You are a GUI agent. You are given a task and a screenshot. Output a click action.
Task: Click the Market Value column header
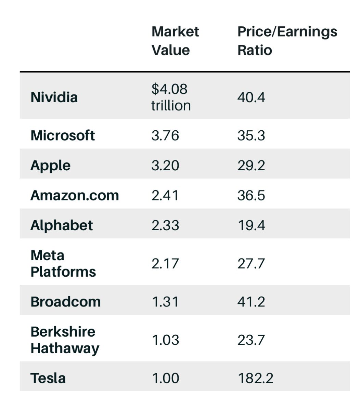pos(175,41)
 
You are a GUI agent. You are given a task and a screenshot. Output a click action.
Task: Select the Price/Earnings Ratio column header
pos(287,41)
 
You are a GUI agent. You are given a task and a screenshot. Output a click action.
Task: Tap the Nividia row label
pos(54,97)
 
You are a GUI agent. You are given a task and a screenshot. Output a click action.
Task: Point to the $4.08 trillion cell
pos(171,97)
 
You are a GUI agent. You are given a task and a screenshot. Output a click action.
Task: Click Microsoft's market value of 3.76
pos(165,136)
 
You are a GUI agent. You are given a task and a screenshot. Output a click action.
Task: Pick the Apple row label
pos(50,166)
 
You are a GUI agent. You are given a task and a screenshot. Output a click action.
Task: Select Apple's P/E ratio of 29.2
pos(251,166)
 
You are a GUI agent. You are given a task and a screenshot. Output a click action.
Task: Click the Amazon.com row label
pos(75,196)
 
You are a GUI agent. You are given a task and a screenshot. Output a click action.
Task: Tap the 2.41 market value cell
pos(165,196)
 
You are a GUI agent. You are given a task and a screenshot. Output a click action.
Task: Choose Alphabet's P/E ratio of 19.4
pos(251,226)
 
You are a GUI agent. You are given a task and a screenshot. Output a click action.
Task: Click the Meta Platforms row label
pos(63,264)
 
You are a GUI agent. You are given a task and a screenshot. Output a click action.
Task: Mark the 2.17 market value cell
pos(165,264)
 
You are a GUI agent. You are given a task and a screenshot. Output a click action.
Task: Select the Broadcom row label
pos(65,302)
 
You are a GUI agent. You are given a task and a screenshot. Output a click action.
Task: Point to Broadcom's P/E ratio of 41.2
pos(251,302)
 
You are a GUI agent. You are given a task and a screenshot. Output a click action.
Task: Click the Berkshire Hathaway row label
pos(65,340)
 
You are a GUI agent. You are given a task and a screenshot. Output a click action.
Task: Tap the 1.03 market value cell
pos(165,340)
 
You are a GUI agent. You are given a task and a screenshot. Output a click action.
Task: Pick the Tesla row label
pos(48,378)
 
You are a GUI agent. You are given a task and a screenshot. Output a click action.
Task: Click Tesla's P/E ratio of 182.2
pos(255,378)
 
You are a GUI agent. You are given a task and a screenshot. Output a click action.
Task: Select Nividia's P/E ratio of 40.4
pos(251,98)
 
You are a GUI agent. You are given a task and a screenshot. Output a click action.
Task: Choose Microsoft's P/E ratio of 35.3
pos(251,136)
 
